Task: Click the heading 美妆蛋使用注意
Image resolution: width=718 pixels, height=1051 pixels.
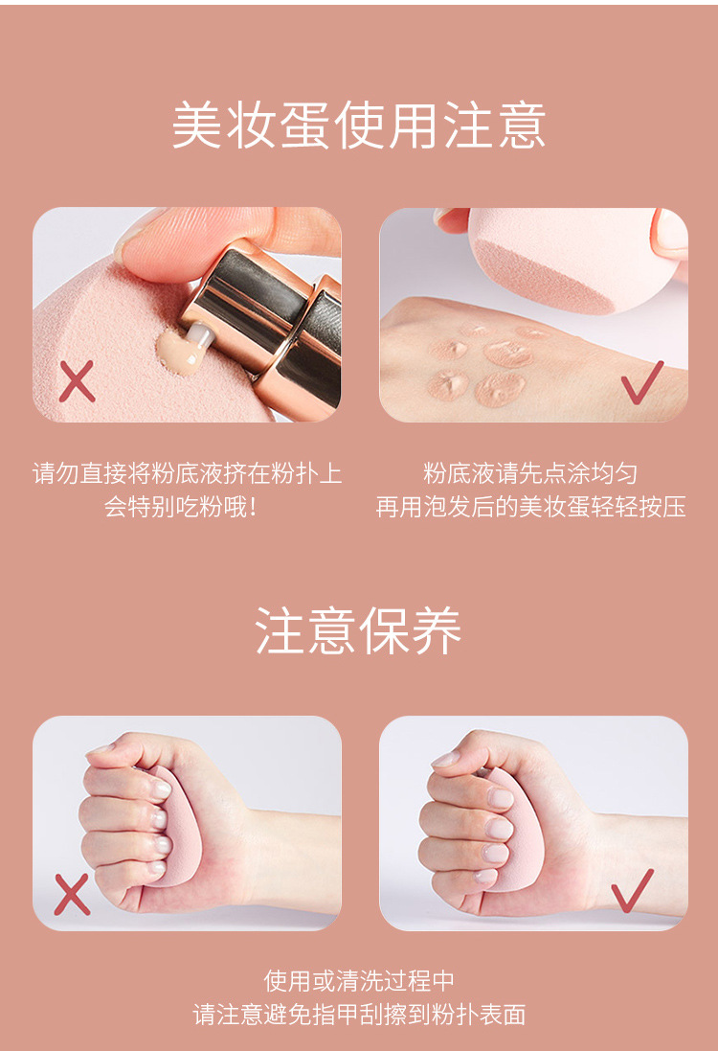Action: (359, 126)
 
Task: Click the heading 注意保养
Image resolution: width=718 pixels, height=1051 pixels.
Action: (358, 630)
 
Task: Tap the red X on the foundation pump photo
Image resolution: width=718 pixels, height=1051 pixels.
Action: (77, 381)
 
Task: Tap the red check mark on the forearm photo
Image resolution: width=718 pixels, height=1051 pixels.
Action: (641, 382)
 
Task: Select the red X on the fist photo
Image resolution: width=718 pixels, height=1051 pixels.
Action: (72, 894)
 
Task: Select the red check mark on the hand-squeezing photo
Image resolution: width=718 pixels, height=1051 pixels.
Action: (632, 891)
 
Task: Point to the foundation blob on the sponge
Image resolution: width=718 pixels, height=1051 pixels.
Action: (176, 352)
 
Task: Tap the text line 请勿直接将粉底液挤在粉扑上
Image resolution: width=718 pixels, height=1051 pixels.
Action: (187, 474)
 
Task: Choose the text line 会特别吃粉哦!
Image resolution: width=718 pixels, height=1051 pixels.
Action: (181, 508)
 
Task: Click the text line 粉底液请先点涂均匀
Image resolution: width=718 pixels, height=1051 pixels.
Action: (530, 474)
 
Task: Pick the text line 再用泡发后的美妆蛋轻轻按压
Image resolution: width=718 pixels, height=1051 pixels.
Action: (530, 508)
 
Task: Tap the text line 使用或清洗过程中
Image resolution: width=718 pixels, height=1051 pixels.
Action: (359, 981)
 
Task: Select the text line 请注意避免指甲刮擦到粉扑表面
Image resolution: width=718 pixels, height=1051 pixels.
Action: (359, 1015)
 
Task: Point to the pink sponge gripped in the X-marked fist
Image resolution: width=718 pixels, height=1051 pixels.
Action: (175, 832)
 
